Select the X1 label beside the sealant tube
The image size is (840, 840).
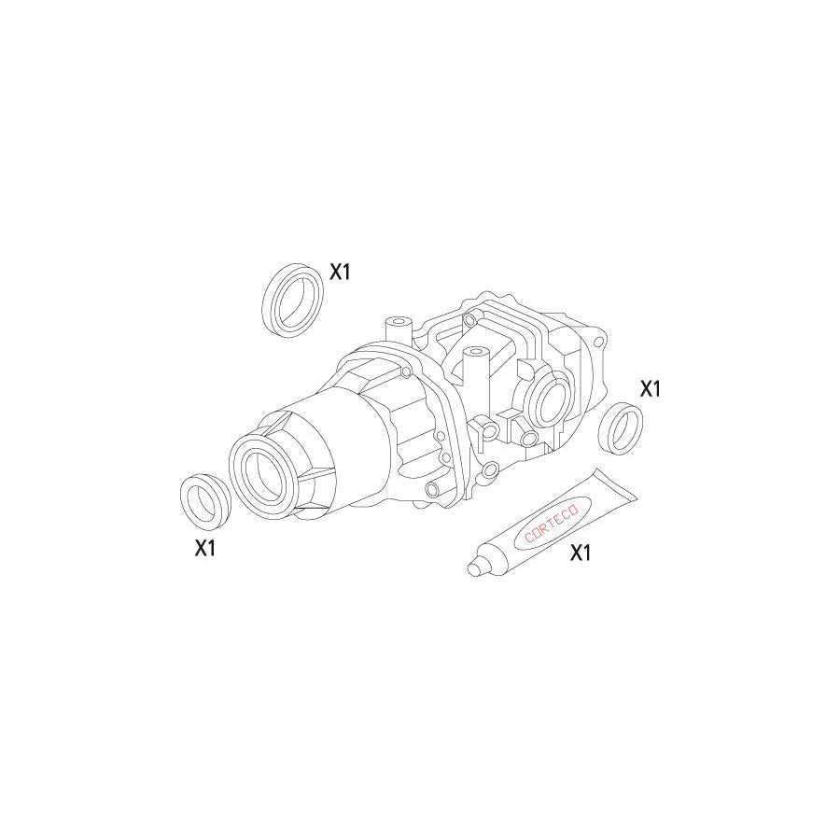(581, 553)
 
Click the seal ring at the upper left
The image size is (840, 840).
(292, 298)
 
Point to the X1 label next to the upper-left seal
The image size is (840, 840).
(339, 272)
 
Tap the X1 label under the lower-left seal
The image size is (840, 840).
(205, 549)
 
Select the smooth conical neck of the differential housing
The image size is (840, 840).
(345, 439)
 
